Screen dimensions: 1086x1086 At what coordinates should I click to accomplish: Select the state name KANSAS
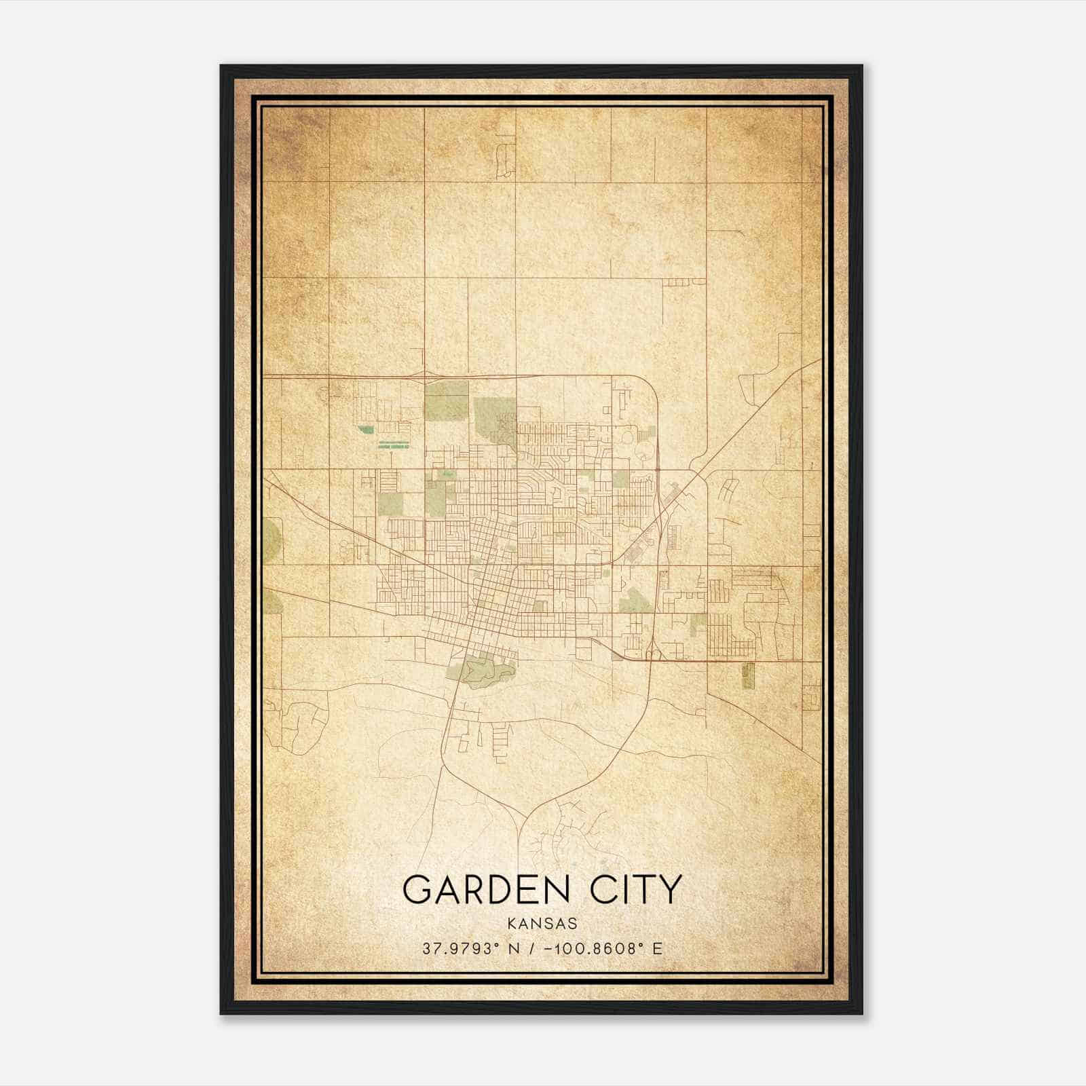(x=542, y=923)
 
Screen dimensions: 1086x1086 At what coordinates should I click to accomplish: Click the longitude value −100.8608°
(x=593, y=948)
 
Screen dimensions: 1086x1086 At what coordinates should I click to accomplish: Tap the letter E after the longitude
(x=656, y=948)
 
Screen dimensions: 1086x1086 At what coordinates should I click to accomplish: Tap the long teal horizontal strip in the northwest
(x=394, y=445)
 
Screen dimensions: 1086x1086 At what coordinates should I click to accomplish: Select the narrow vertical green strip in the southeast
(x=748, y=676)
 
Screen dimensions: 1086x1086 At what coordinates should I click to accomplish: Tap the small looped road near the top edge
(x=504, y=160)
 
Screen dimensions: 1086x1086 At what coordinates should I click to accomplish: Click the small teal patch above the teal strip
(x=366, y=430)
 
